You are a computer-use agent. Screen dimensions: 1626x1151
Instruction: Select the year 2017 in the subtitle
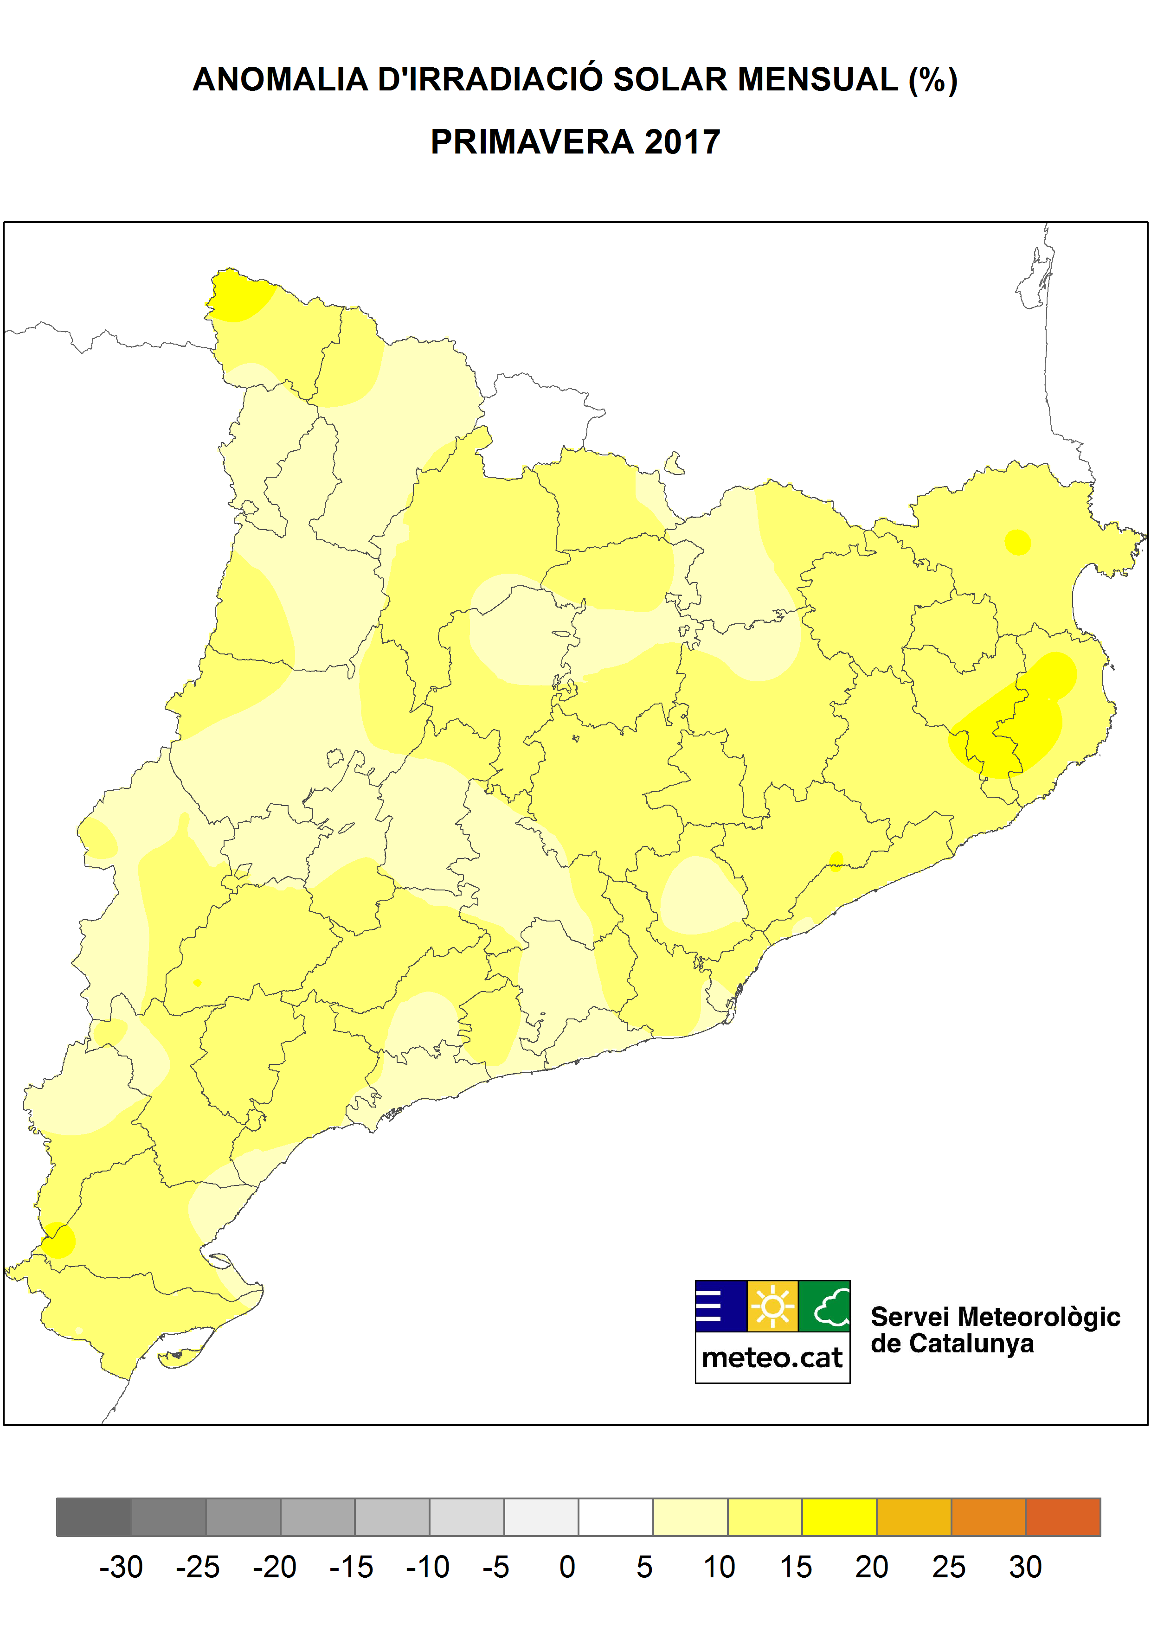click(682, 142)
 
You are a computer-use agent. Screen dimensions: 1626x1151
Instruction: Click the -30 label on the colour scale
click(121, 1567)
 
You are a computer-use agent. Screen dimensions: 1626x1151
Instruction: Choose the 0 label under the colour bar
click(567, 1567)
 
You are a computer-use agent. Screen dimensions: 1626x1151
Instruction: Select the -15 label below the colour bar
click(351, 1567)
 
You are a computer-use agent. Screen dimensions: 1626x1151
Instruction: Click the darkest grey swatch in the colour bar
click(94, 1517)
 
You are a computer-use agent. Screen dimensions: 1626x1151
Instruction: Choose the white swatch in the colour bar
click(615, 1517)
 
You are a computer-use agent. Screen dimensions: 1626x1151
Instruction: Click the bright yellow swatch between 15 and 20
click(839, 1517)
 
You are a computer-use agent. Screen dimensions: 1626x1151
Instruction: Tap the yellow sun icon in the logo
click(772, 1306)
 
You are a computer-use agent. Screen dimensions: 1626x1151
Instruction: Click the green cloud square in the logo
click(824, 1306)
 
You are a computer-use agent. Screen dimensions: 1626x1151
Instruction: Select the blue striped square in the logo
click(721, 1306)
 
